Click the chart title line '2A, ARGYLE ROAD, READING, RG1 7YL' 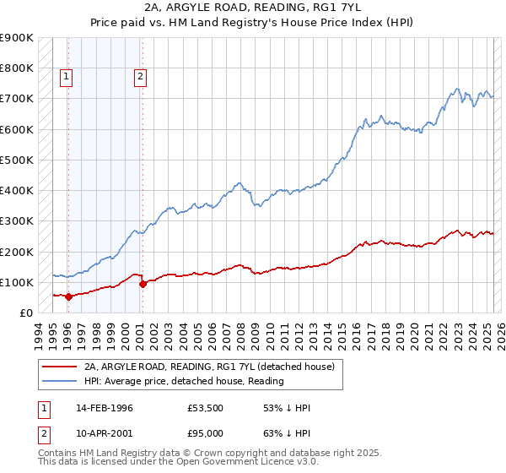click(253, 8)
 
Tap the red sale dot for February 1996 click(68, 296)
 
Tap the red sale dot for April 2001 click(143, 284)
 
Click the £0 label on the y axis click(26, 313)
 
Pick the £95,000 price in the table click(206, 433)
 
